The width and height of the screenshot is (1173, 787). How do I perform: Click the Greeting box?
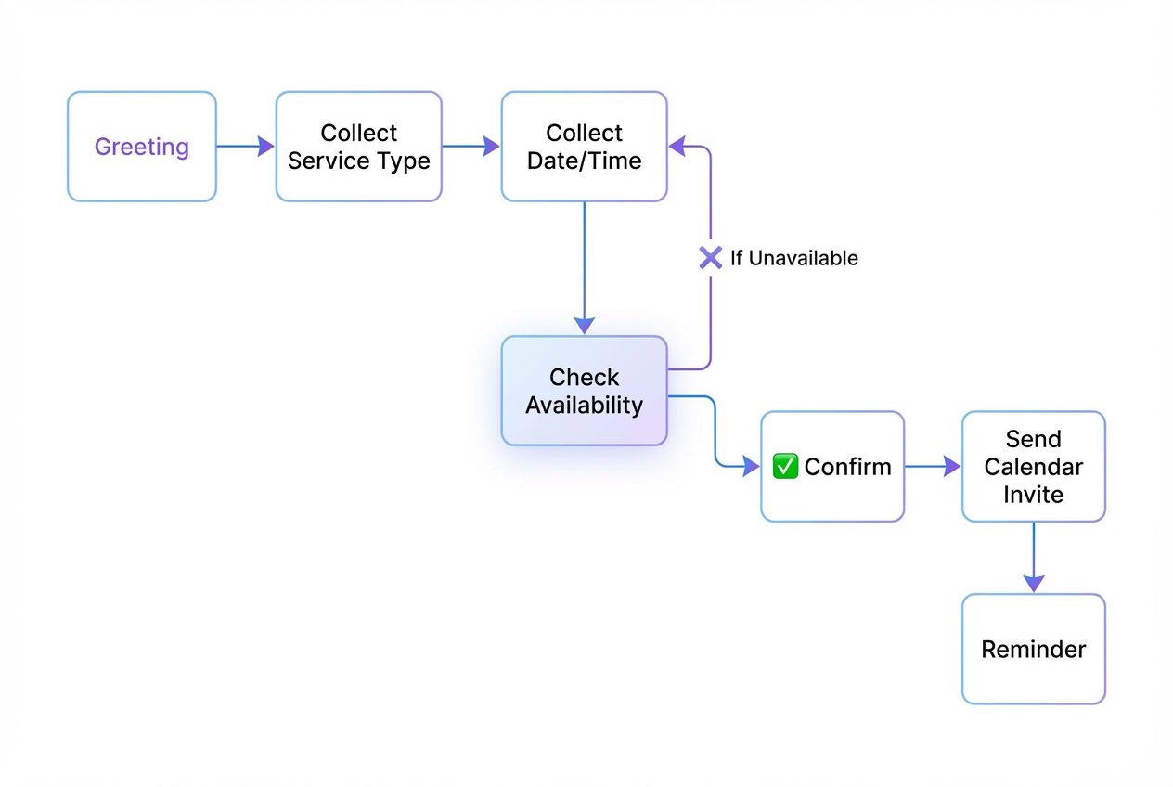(x=142, y=147)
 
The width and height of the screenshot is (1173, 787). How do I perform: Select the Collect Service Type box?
(x=358, y=147)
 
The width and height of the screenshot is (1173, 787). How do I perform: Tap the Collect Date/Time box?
(x=584, y=147)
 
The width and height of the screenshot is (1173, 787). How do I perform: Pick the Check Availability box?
(x=584, y=391)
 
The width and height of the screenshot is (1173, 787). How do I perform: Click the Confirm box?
(x=832, y=466)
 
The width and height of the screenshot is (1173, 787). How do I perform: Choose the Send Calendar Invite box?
(x=1033, y=466)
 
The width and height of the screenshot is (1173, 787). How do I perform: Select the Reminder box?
(x=1033, y=649)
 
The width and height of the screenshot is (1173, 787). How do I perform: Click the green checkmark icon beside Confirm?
(x=785, y=466)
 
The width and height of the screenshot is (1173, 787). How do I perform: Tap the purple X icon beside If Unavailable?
(x=711, y=258)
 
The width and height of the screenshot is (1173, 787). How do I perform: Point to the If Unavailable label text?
(x=793, y=258)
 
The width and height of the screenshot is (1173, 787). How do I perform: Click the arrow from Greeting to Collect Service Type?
(x=245, y=147)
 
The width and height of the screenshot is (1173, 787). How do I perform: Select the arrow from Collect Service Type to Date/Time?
(x=470, y=147)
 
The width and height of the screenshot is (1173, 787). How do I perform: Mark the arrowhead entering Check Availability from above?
(x=584, y=325)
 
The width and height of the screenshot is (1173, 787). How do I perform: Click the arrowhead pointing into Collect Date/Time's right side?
(x=677, y=146)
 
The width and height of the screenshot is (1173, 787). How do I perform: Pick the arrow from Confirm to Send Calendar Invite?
(x=932, y=466)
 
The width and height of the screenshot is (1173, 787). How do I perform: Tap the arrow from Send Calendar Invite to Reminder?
(x=1033, y=557)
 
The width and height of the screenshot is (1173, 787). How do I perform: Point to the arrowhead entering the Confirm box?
(x=751, y=466)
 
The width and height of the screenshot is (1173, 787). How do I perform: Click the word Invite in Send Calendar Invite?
(x=1033, y=495)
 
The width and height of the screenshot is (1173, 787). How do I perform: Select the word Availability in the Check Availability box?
(x=584, y=406)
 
